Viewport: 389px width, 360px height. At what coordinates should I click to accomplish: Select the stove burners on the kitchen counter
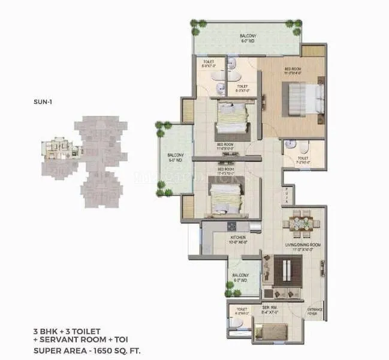pos(230,226)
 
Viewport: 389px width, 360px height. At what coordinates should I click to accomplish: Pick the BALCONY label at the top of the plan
pos(248,39)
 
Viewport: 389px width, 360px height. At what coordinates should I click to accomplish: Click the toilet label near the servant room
pos(241,311)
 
